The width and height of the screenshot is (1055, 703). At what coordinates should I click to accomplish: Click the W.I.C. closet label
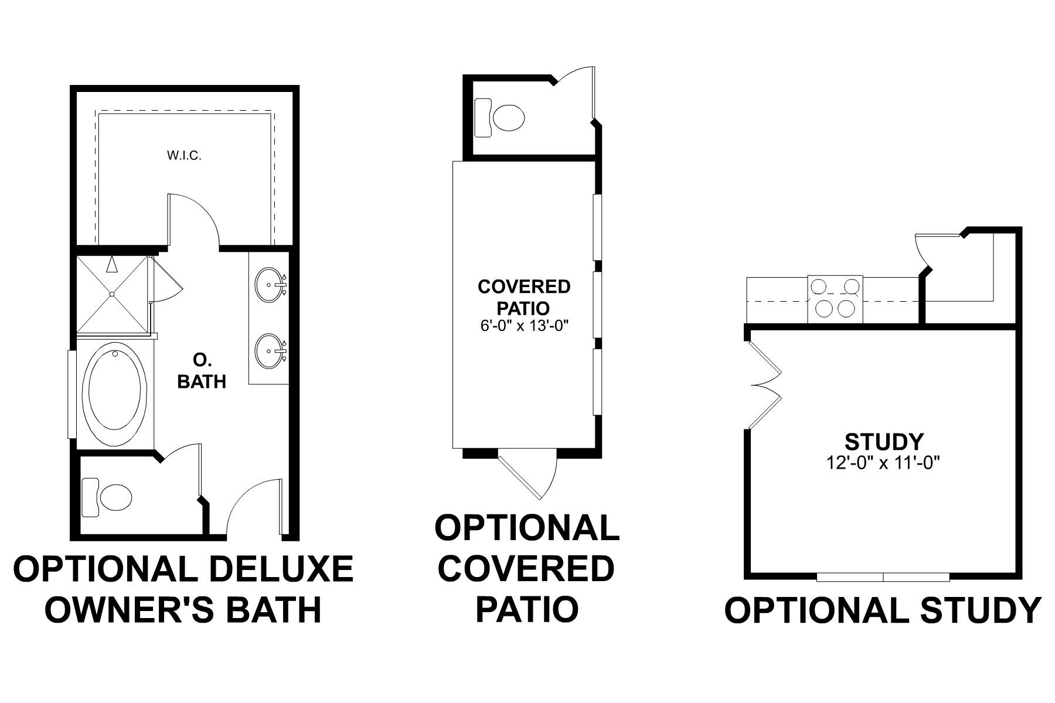[x=184, y=156]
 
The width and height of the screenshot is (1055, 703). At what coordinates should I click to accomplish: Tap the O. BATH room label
[x=202, y=371]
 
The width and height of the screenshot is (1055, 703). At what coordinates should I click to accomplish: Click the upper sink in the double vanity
[x=270, y=285]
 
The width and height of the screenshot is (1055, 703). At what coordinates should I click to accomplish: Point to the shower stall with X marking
[x=111, y=294]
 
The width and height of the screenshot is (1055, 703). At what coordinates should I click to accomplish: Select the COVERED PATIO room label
[x=523, y=297]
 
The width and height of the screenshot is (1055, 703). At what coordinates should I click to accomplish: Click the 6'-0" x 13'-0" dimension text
[x=523, y=326]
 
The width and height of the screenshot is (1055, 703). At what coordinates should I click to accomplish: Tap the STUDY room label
[x=884, y=441]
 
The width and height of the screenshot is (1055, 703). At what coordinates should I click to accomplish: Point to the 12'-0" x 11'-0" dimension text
[x=884, y=463]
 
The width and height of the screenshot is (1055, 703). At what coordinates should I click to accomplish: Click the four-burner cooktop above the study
[x=835, y=298]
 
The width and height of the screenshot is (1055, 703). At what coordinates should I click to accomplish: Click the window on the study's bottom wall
[x=883, y=577]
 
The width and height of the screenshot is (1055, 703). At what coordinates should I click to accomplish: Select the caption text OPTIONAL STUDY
[x=883, y=610]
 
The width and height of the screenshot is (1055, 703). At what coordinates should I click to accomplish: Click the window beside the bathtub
[x=72, y=394]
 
